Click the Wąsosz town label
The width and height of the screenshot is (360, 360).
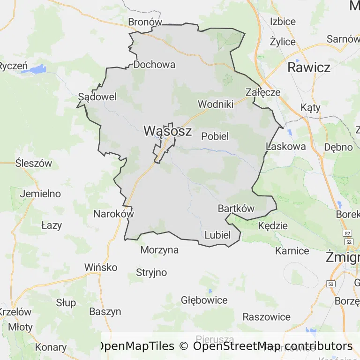tap(167, 131)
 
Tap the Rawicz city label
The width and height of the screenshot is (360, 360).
tap(308, 67)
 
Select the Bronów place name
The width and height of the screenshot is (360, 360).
tap(145, 22)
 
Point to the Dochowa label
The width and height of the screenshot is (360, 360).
tap(154, 65)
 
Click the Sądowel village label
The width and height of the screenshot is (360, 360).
tap(97, 97)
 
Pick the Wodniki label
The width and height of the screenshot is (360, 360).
tap(216, 104)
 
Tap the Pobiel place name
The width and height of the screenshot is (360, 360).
tap(215, 136)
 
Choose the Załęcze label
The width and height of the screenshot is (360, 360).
tap(263, 92)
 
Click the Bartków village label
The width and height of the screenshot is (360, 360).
tap(236, 209)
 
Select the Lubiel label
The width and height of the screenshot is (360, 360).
tap(218, 235)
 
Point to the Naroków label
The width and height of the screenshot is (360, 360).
tap(114, 214)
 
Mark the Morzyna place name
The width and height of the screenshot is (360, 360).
tap(159, 250)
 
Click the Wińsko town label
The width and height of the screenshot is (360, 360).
tap(101, 267)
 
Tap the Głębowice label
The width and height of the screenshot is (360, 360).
tap(204, 300)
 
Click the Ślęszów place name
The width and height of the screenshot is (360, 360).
tap(33, 164)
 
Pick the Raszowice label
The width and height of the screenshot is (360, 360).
tap(266, 317)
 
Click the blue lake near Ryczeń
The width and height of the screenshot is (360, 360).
tap(37, 69)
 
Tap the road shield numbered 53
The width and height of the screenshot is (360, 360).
tap(331, 284)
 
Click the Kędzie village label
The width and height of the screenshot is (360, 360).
tap(273, 225)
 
